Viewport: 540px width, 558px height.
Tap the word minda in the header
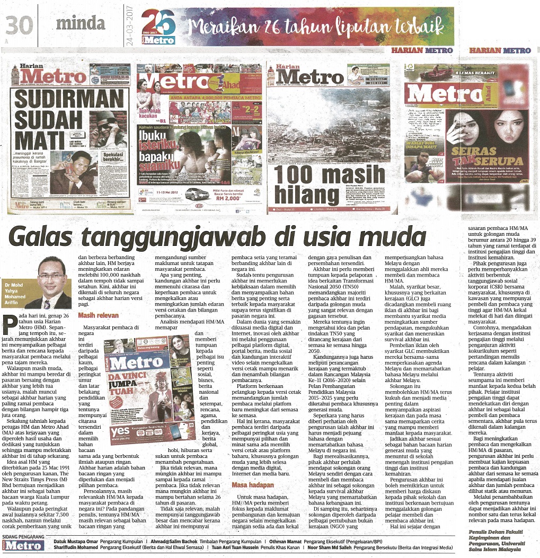point(80,23)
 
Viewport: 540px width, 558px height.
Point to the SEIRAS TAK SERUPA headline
point(483,161)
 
